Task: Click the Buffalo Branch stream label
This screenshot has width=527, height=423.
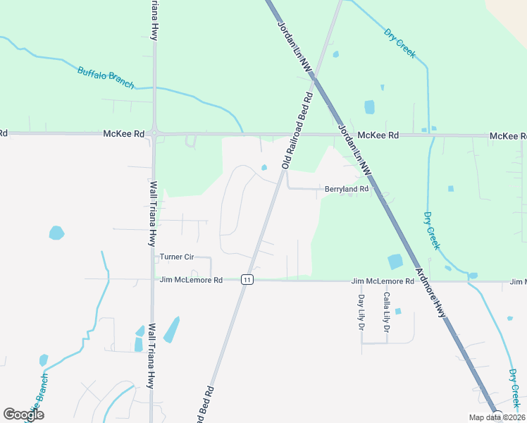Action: point(105,77)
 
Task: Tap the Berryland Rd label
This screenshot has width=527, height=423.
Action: point(346,189)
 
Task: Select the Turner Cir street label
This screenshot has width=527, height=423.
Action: point(176,257)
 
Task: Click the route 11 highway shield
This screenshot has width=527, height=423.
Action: point(247,280)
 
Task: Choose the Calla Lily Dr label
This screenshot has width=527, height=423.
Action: point(386,312)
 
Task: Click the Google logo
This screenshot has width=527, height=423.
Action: point(23,415)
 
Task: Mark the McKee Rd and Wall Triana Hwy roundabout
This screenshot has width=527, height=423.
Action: point(154,133)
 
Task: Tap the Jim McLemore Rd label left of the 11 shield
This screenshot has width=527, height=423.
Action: point(191,280)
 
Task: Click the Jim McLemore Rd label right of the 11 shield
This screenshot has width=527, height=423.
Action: point(383,281)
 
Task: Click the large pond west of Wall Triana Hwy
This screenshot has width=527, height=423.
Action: point(56,233)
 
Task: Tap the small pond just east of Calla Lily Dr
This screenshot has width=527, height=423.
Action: point(398,311)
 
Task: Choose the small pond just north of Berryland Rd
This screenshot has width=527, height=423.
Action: point(264,167)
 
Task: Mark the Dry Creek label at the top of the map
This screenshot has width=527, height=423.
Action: point(399,43)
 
